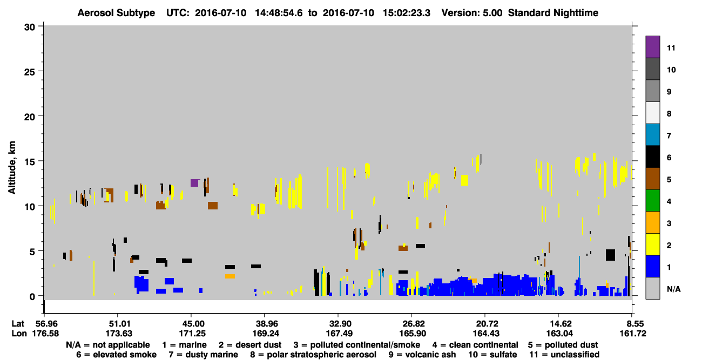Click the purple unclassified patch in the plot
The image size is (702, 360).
click(194, 182)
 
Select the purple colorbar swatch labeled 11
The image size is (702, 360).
click(652, 47)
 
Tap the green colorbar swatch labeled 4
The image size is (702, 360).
click(652, 201)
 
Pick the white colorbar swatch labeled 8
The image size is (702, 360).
click(652, 113)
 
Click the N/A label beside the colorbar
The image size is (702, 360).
click(673, 289)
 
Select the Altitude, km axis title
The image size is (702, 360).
click(12, 167)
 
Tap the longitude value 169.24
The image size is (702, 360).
click(266, 334)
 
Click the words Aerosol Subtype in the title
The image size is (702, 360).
click(116, 13)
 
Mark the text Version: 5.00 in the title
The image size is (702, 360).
click(471, 13)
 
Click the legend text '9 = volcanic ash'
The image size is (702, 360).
click(422, 355)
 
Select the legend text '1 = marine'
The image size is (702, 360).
click(184, 345)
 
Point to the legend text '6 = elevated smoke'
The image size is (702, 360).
click(116, 355)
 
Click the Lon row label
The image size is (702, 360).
click(19, 334)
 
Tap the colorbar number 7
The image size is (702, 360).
click(669, 135)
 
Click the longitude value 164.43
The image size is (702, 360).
click(486, 334)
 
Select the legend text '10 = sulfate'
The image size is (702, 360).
click(492, 355)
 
